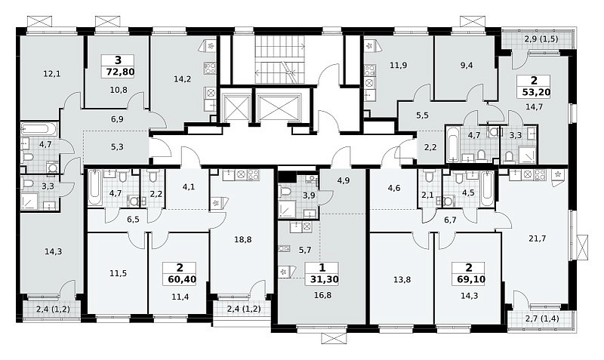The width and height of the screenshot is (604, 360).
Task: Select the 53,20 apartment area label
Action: pos(534,92)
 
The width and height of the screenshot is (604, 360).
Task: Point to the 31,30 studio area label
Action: pos(322,279)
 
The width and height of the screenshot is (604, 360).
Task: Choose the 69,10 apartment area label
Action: pos(468,279)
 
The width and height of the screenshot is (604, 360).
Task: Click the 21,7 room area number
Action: pos(538,238)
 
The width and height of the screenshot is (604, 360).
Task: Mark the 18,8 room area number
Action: pos(242,239)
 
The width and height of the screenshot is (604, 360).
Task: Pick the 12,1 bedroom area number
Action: pos(53,73)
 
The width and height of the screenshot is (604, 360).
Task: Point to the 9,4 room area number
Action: pos(467,65)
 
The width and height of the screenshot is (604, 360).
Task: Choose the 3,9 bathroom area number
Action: pos(309,195)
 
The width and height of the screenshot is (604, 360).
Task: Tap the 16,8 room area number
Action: pos(323,295)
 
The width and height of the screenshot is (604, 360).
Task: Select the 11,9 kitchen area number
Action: pos(399,65)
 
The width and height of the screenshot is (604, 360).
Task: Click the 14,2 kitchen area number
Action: pos(182,79)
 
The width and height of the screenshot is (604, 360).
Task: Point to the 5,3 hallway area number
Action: pos(117,146)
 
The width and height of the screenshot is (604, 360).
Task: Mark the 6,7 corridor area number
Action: pos(450,220)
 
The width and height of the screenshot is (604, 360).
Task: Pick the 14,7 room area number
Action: pos(534,107)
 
